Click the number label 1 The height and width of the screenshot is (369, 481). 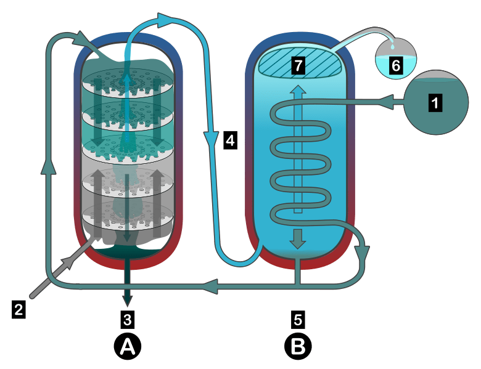[x=435, y=103]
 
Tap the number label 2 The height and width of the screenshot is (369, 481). [x=19, y=309]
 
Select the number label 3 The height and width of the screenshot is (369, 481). [x=128, y=318]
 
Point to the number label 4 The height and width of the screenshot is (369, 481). [x=230, y=141]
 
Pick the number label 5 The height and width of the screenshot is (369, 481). [x=298, y=318]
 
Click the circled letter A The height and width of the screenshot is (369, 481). [x=128, y=347]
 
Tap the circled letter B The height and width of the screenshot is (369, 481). [x=298, y=347]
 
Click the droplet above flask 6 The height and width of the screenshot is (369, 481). [x=393, y=46]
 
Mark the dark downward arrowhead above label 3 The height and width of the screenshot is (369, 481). [x=128, y=300]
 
